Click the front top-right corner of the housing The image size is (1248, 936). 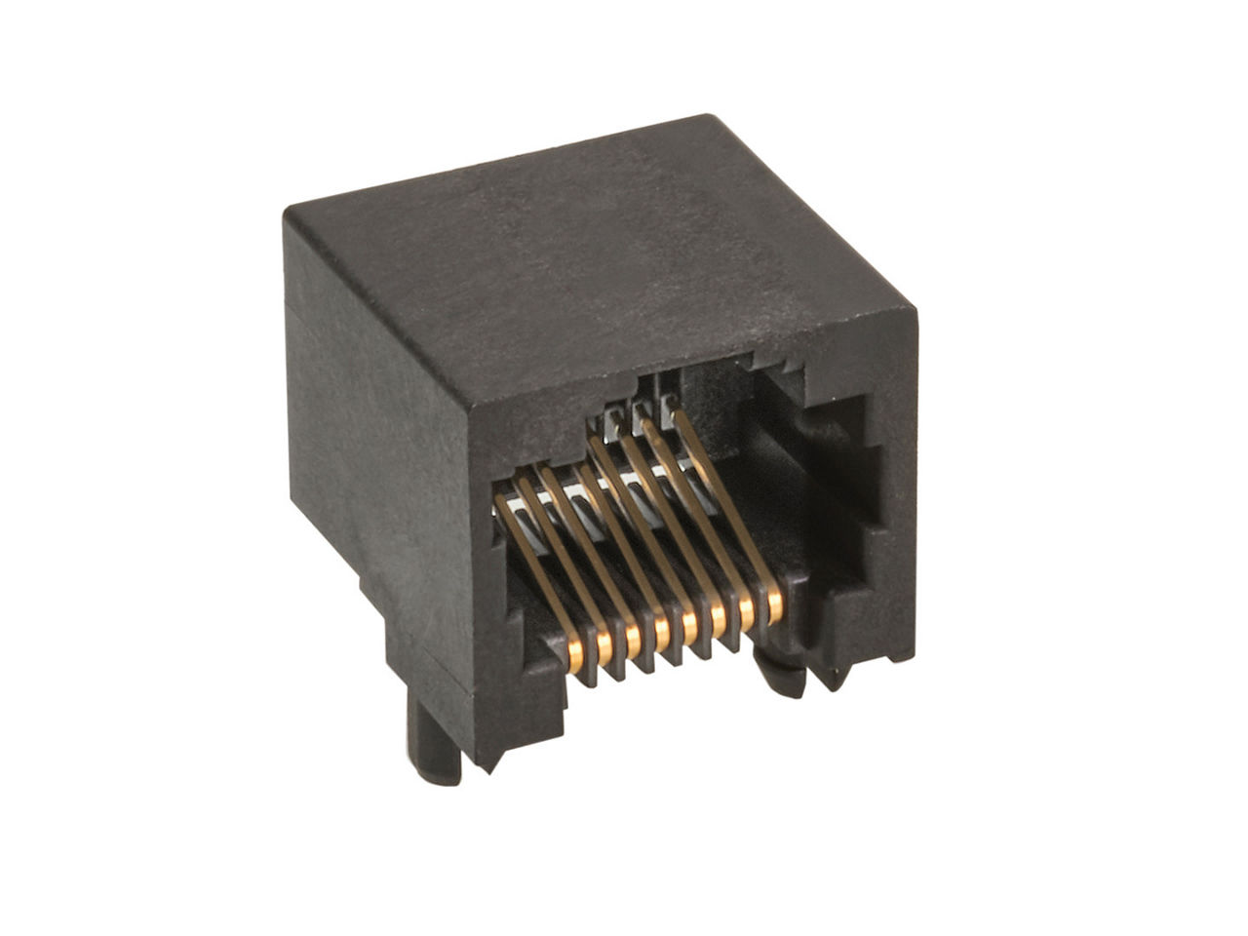click(915, 310)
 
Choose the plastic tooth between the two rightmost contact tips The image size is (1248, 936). click(761, 624)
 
